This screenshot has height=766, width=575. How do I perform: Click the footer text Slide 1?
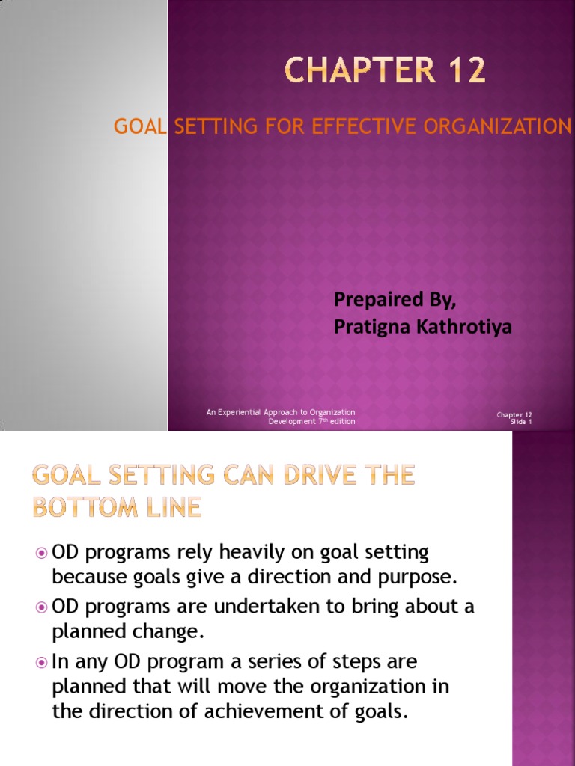point(520,422)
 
